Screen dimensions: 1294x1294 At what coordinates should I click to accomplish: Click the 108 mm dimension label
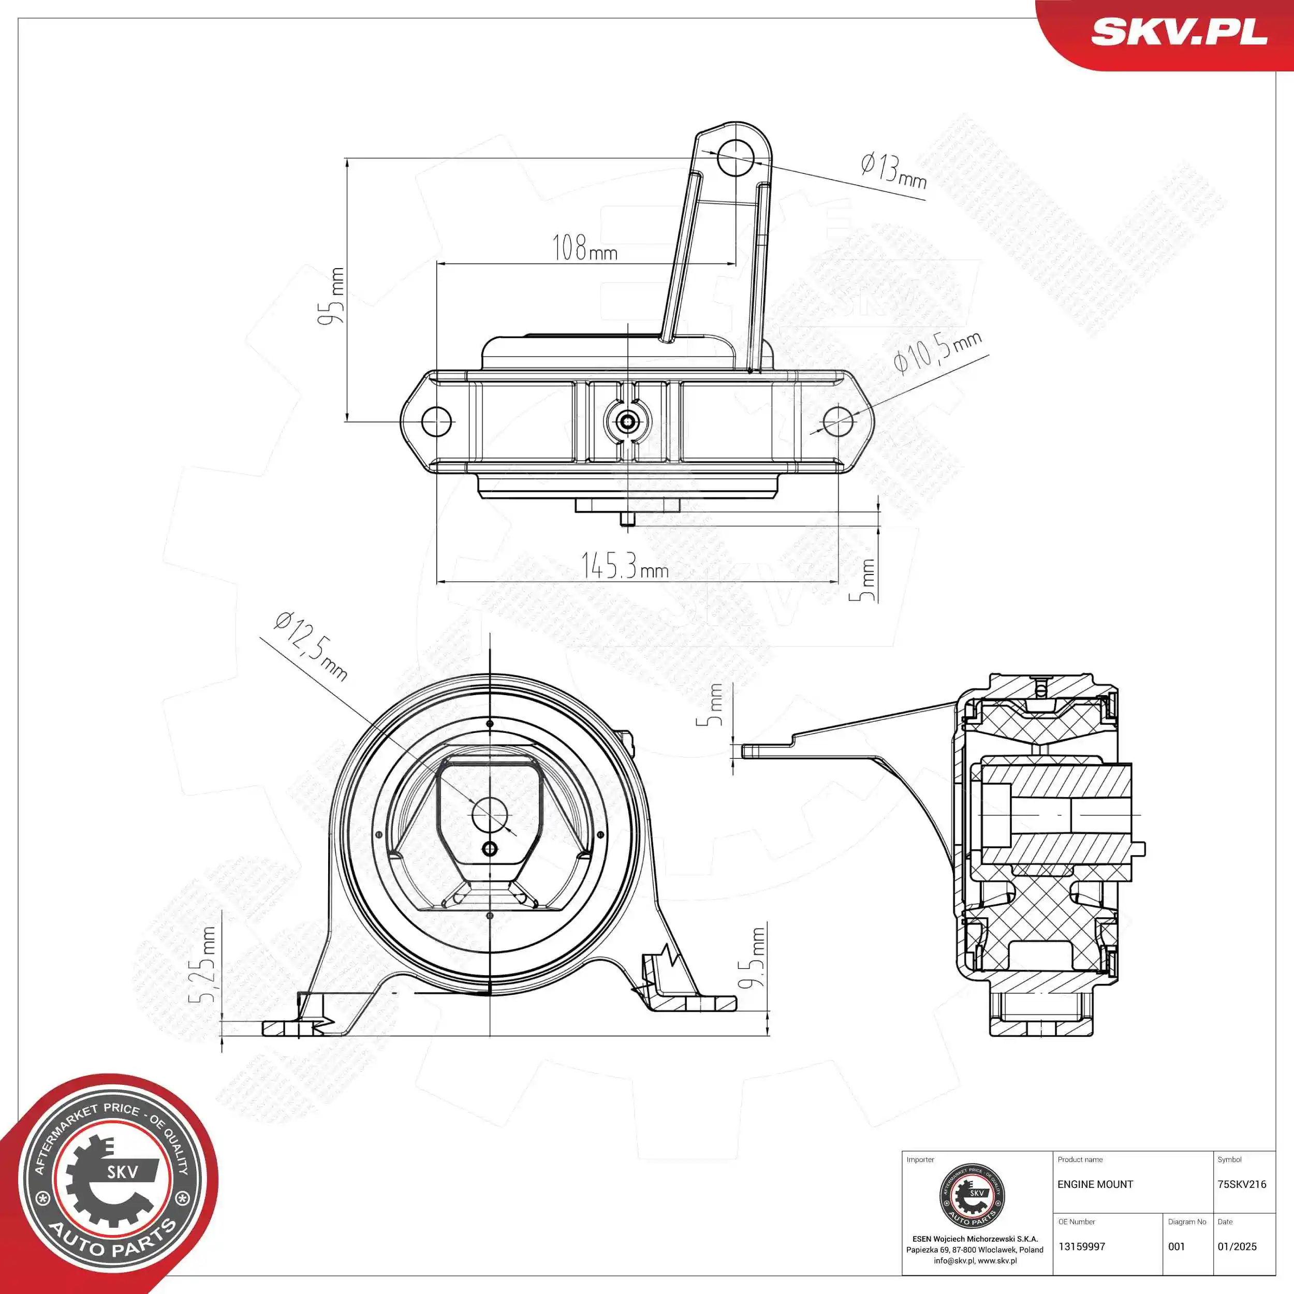tap(584, 248)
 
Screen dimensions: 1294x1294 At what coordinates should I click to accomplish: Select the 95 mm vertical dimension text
tap(332, 296)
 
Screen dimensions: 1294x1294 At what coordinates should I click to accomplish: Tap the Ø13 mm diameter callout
tap(893, 171)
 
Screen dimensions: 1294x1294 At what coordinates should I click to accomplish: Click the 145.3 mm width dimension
tap(624, 567)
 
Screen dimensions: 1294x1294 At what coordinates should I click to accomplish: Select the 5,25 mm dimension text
tap(205, 964)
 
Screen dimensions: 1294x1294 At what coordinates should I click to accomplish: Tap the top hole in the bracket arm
tap(736, 158)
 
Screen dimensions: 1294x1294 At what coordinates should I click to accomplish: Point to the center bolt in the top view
tap(627, 421)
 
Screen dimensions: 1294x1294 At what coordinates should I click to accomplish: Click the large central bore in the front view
tap(490, 814)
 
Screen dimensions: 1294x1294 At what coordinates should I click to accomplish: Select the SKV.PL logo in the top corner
tap(1179, 32)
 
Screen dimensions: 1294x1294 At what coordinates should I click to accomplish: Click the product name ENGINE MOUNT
tap(1095, 1185)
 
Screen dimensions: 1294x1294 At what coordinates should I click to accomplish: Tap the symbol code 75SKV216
tap(1242, 1185)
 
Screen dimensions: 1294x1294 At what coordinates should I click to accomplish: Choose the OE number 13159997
tap(1082, 1247)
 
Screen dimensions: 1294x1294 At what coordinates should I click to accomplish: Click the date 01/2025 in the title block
tap(1237, 1247)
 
